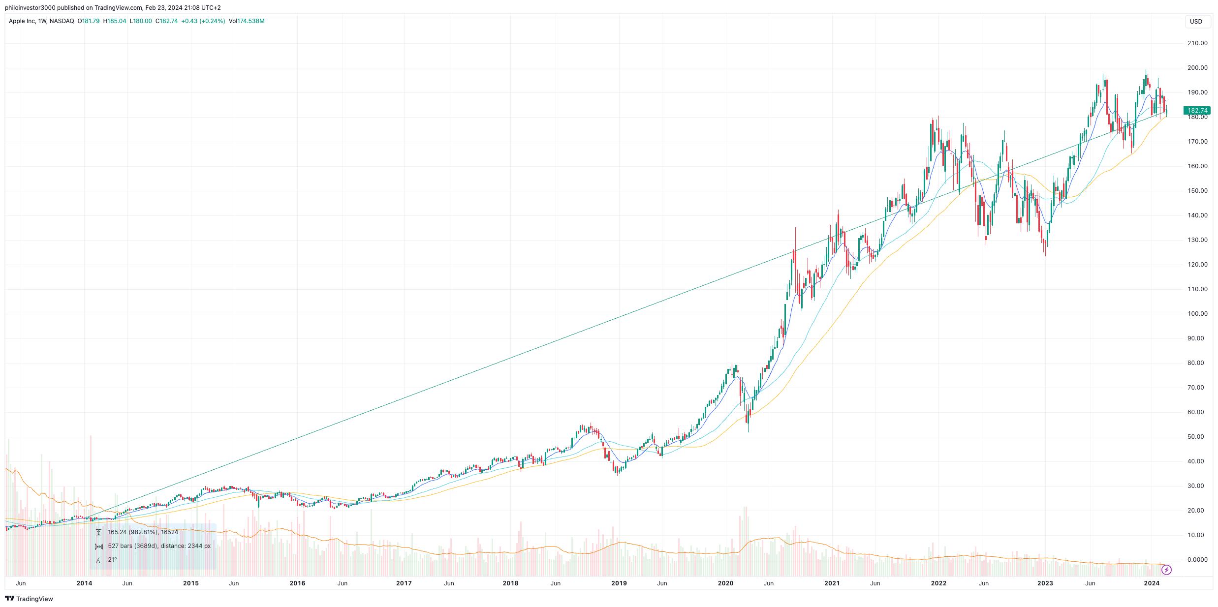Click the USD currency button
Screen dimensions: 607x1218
[1196, 22]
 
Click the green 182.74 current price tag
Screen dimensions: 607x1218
[1197, 111]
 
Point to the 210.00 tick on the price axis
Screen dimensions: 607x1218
[1197, 43]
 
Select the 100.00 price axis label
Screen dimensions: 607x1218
[1197, 314]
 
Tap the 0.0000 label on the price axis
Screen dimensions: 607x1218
[1197, 560]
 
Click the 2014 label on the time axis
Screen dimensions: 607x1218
[84, 583]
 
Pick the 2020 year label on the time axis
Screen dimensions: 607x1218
[725, 583]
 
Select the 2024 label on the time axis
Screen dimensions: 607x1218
[1152, 583]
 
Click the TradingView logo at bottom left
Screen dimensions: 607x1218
[29, 599]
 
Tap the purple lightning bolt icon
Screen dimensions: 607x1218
[1166, 570]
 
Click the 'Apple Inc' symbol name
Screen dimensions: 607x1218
[22, 21]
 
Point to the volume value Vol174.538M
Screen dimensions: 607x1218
[247, 21]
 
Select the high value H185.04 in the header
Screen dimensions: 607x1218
[115, 21]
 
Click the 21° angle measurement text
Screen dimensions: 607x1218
[113, 560]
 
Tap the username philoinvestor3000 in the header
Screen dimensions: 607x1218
[30, 8]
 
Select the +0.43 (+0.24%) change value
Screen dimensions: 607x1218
[203, 21]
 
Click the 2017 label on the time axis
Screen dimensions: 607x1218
[404, 583]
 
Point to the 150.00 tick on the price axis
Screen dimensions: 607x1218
[1197, 191]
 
